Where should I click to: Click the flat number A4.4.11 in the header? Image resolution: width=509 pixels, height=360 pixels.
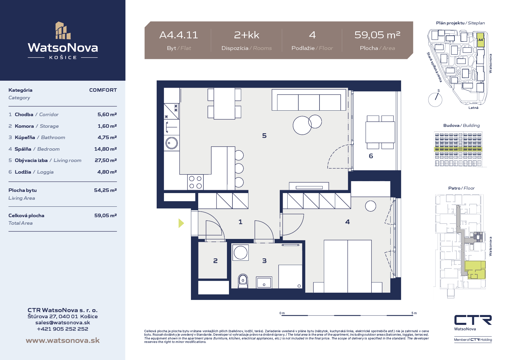click(179, 35)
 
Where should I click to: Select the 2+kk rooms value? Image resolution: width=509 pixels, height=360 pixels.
click(247, 35)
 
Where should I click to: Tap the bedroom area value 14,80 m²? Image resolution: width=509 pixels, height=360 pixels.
click(105, 149)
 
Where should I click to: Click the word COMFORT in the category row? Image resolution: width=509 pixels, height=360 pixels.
click(103, 90)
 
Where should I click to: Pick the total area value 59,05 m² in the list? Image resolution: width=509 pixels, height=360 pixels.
click(105, 215)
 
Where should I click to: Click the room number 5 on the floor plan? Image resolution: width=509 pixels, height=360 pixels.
click(264, 136)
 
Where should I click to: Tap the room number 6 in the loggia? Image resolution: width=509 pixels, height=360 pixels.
click(371, 156)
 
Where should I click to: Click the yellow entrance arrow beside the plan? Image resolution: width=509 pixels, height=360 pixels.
click(181, 223)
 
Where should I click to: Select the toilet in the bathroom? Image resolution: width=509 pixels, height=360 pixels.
click(243, 281)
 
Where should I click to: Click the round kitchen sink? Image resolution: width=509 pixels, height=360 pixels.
click(172, 143)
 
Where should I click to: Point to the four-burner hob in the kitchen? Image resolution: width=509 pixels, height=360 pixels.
click(195, 182)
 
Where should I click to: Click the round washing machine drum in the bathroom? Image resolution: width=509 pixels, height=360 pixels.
click(241, 253)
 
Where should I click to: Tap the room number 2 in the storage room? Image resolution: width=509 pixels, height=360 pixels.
click(215, 261)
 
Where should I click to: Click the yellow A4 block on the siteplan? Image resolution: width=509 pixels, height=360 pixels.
click(481, 40)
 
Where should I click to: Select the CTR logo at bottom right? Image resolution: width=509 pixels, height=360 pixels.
click(473, 320)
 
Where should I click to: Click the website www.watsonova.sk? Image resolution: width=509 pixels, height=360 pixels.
click(63, 340)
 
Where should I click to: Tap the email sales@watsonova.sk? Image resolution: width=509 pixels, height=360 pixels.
click(63, 323)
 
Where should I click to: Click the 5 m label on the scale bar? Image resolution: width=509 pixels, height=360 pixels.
click(414, 313)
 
